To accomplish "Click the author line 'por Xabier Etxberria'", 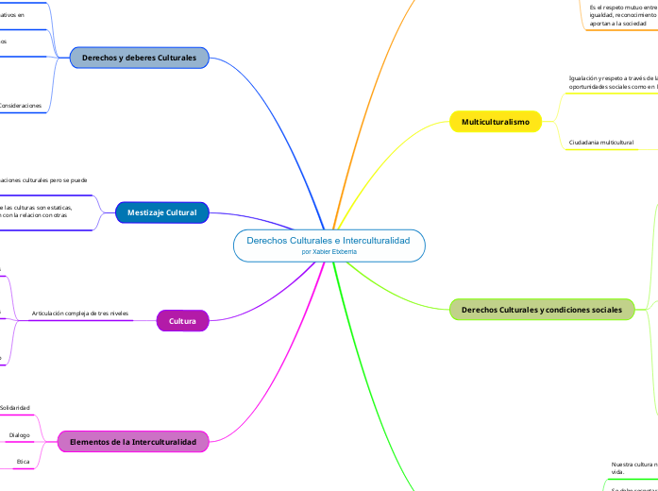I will click(x=329, y=253).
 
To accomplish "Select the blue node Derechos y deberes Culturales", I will click(x=139, y=58).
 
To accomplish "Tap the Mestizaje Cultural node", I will click(x=161, y=212).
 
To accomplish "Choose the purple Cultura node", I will click(x=182, y=321).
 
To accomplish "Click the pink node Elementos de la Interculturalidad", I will click(x=133, y=442).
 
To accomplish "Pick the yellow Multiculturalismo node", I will click(x=496, y=121).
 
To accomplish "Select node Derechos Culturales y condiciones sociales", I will click(x=541, y=310).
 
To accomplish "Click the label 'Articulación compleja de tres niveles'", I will click(x=80, y=313).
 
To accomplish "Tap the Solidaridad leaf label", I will click(x=14, y=408).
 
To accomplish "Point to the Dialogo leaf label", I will click(x=19, y=435).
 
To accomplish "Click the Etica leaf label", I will click(x=23, y=462).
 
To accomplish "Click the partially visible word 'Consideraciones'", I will click(x=20, y=106).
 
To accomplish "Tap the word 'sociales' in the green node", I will click(x=603, y=310).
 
